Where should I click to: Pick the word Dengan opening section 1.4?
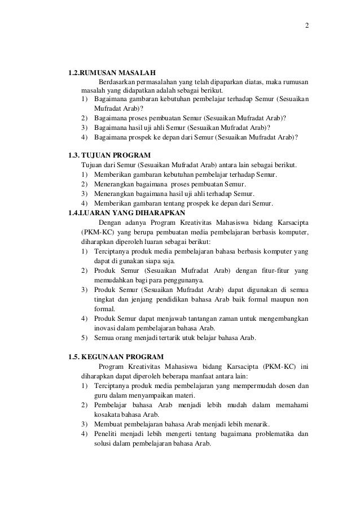[x=111, y=223]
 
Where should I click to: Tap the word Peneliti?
[x=107, y=434]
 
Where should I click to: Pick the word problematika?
[x=266, y=434]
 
